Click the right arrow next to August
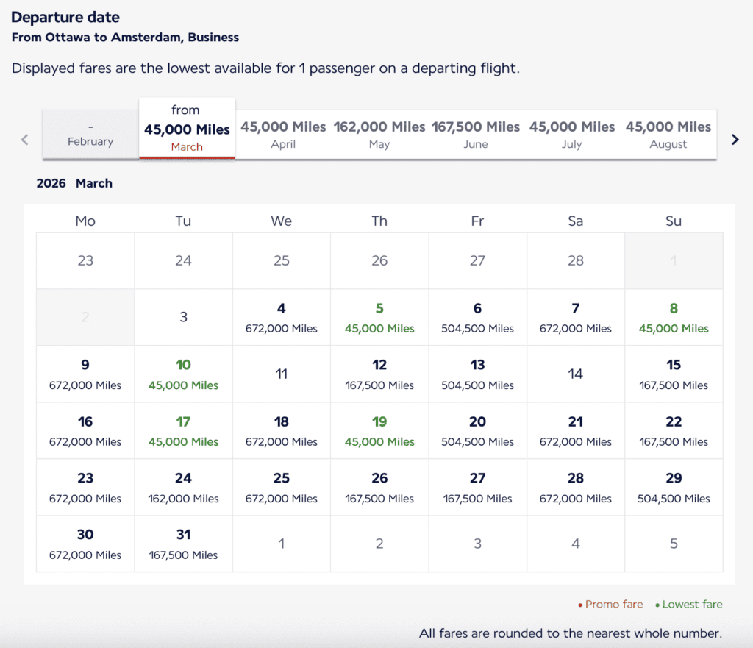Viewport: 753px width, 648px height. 735,139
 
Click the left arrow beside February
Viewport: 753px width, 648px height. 25,139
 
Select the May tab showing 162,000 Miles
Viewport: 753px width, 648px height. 379,135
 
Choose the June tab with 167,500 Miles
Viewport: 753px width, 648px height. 476,135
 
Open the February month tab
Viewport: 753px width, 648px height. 90,135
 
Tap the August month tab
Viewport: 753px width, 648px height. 668,135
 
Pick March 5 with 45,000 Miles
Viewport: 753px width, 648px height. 379,318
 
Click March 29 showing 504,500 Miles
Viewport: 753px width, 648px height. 674,488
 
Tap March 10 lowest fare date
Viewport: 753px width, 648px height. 183,374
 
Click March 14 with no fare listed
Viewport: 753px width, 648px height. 576,374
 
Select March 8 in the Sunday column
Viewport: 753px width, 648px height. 674,318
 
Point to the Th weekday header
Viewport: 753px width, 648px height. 379,221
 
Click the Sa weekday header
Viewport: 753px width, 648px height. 576,221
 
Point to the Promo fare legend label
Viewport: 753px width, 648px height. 614,605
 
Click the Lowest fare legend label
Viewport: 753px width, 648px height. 692,605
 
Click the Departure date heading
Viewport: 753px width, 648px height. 65,17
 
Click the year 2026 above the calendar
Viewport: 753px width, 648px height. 51,183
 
